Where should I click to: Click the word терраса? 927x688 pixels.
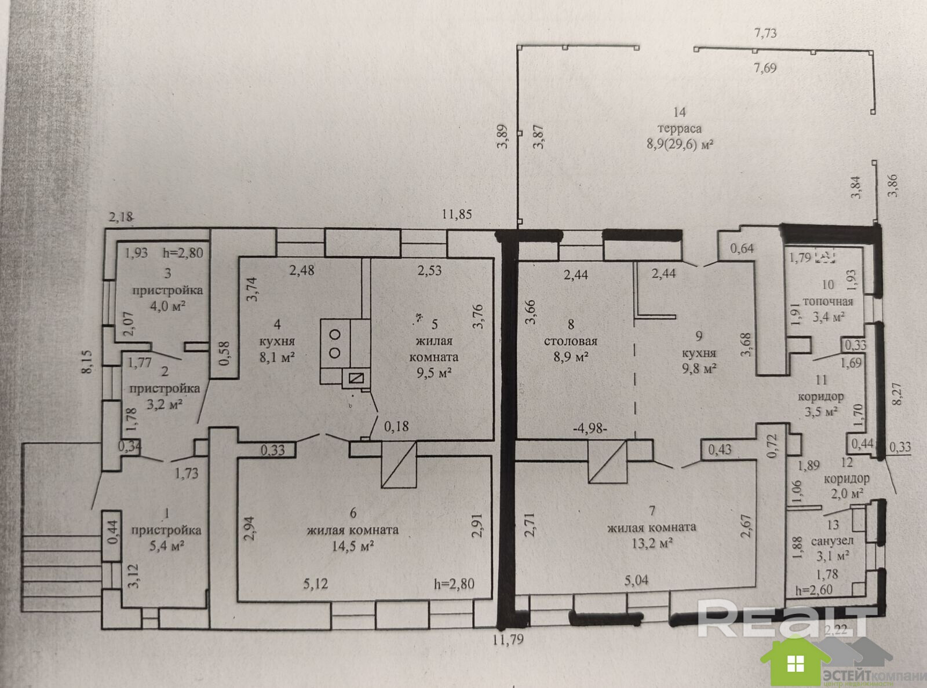(680, 129)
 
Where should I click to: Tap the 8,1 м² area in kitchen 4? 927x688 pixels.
(277, 357)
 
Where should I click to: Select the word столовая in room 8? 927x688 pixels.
(571, 341)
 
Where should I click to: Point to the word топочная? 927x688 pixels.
(827, 302)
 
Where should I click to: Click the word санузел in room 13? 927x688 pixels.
(832, 541)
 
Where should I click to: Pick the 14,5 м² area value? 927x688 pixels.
(353, 546)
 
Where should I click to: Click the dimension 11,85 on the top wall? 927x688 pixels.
(457, 214)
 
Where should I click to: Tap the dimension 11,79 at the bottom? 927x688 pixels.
(508, 639)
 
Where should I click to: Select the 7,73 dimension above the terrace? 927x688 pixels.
(765, 33)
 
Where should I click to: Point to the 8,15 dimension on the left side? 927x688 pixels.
(89, 363)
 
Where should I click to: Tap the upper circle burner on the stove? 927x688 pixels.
(335, 334)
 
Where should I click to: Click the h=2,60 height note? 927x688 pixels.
(814, 590)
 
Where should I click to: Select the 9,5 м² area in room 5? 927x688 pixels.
(433, 372)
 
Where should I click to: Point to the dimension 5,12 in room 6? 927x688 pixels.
(316, 584)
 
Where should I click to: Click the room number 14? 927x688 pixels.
(680, 112)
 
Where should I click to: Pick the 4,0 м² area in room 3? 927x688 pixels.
(167, 306)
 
